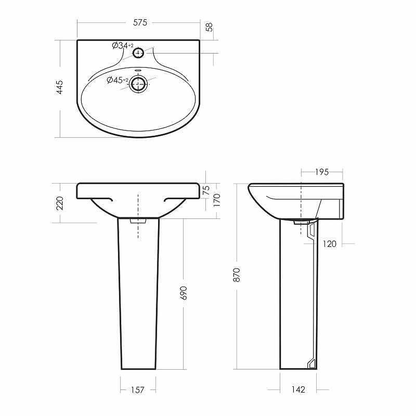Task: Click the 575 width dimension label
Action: [140, 22]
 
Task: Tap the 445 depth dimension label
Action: [60, 87]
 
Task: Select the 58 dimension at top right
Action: [210, 28]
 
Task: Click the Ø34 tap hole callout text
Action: [123, 46]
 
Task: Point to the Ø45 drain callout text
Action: [118, 80]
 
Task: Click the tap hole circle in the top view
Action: [138, 53]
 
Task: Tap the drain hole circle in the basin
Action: [138, 84]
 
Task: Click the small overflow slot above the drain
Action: [138, 71]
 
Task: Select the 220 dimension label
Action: [60, 203]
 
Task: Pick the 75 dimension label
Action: [206, 190]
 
